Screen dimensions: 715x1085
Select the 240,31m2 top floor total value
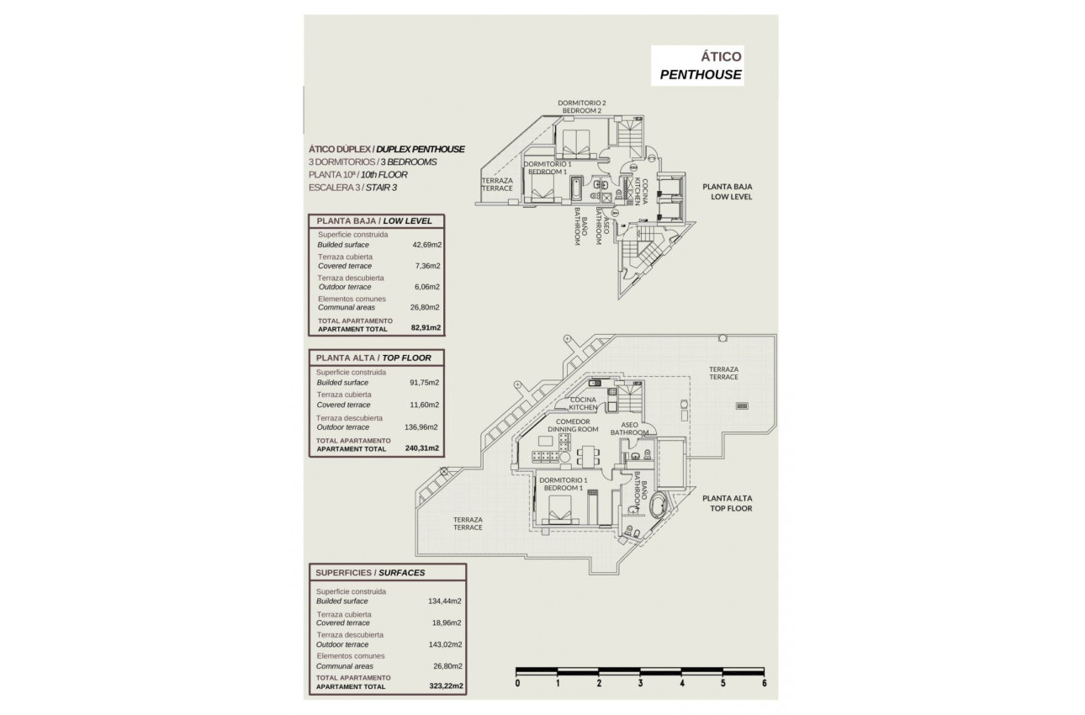[422, 449]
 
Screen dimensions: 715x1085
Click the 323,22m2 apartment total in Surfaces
[446, 686]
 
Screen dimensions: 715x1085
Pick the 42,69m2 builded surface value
[427, 245]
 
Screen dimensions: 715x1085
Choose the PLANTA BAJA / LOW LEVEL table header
[373, 221]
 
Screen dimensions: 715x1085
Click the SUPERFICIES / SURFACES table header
[370, 573]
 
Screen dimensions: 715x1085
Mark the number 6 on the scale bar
[764, 684]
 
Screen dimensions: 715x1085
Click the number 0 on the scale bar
[517, 684]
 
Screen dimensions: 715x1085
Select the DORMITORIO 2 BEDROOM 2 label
[582, 107]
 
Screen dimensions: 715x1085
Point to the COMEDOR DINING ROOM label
[573, 426]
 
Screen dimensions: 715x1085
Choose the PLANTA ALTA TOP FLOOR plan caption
[728, 503]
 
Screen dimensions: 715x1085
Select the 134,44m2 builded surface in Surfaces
[446, 601]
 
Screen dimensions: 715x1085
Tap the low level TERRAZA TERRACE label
[497, 184]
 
